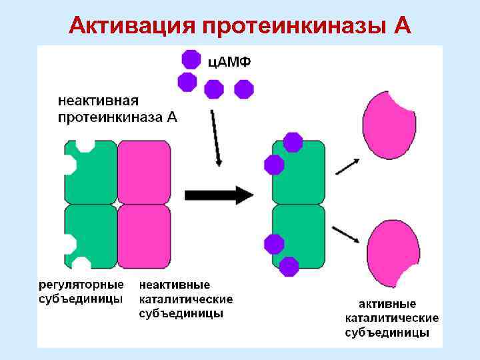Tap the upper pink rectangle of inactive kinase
144,171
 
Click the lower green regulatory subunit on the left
93,235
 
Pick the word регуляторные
81,285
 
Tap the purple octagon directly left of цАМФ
191,59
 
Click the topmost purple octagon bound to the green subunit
293,142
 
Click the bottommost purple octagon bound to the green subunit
289,267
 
